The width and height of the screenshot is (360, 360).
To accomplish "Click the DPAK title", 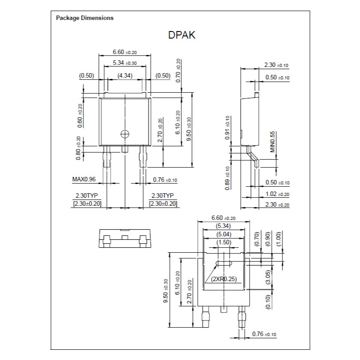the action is (182, 35).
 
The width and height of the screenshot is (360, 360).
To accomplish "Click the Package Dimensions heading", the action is (85, 18).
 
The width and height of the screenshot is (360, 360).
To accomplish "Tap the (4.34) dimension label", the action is (125, 75).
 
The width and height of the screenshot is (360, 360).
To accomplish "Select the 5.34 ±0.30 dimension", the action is (125, 63).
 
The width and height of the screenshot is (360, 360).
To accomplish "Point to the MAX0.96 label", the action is (84, 179).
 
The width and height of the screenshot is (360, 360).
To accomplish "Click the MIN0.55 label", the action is (272, 142).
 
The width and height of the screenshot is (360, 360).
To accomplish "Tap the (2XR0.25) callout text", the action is (223, 279).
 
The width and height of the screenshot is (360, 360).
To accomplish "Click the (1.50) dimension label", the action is (223, 242).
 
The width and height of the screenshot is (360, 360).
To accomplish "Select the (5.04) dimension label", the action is (223, 235).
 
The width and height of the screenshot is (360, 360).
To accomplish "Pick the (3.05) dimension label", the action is (269, 277).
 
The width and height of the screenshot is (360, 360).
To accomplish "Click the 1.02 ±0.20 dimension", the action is (278, 194).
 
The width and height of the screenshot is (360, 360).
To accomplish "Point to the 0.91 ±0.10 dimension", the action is (227, 127).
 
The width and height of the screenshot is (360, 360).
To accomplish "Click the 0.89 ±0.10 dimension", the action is (227, 178).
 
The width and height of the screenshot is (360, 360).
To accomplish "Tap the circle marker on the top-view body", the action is (125, 134).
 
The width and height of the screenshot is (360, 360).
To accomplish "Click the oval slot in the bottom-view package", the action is (224, 263).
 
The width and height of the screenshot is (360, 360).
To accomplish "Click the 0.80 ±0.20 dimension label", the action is (78, 149).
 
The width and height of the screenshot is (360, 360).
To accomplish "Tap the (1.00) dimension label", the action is (279, 239).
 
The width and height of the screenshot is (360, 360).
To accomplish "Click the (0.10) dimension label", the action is (269, 301).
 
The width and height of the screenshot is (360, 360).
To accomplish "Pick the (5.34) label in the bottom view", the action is (223, 226).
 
